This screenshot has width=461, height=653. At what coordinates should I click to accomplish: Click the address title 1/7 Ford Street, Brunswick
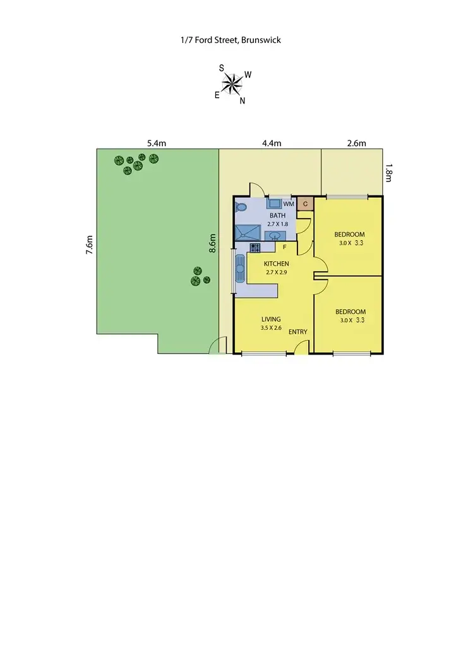pos(230,40)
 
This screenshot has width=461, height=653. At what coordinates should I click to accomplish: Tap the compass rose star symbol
pos(234,82)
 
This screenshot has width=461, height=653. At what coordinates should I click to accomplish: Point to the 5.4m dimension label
pos(156,143)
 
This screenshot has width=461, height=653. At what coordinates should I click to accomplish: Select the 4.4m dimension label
pos(272,143)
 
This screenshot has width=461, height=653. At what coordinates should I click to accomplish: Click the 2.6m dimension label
pos(357,143)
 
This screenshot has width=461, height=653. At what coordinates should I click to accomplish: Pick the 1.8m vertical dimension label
pos(388,173)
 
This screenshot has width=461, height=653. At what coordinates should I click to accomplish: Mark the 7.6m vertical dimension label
pos(90,245)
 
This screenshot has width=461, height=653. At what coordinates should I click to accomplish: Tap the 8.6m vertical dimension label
pos(213,245)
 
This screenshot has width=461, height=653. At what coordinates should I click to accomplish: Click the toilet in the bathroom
pos(241,207)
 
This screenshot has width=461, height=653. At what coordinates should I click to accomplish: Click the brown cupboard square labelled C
pos(305,204)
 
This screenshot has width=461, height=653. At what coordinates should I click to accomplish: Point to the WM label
pos(289,204)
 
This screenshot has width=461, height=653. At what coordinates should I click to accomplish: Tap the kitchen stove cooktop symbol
pos(255,247)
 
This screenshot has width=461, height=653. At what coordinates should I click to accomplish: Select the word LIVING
pos(270,319)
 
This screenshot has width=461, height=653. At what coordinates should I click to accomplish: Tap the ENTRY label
pos(298,332)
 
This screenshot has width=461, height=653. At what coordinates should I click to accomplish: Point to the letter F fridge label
pos(285,247)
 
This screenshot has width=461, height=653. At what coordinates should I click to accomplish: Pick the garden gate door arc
pos(218,346)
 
